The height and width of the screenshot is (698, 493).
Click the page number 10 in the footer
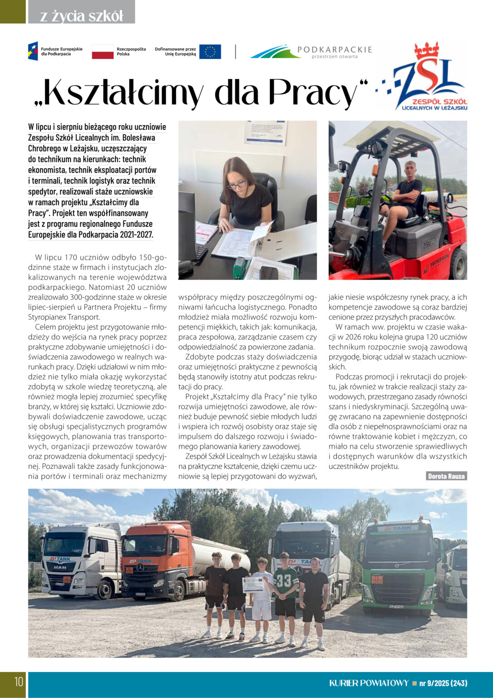(x=18, y=682)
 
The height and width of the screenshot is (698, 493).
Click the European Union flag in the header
(x=210, y=51)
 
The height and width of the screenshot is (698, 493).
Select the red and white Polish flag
(x=103, y=52)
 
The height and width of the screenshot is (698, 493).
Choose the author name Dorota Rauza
(x=446, y=476)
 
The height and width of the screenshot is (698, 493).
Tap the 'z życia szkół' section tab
(x=82, y=16)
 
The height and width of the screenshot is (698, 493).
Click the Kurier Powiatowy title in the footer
(x=369, y=683)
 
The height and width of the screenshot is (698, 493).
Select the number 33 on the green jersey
(x=284, y=581)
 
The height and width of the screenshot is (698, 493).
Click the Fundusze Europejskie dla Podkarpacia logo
(x=55, y=51)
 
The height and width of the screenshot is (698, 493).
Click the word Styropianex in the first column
(x=47, y=317)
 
